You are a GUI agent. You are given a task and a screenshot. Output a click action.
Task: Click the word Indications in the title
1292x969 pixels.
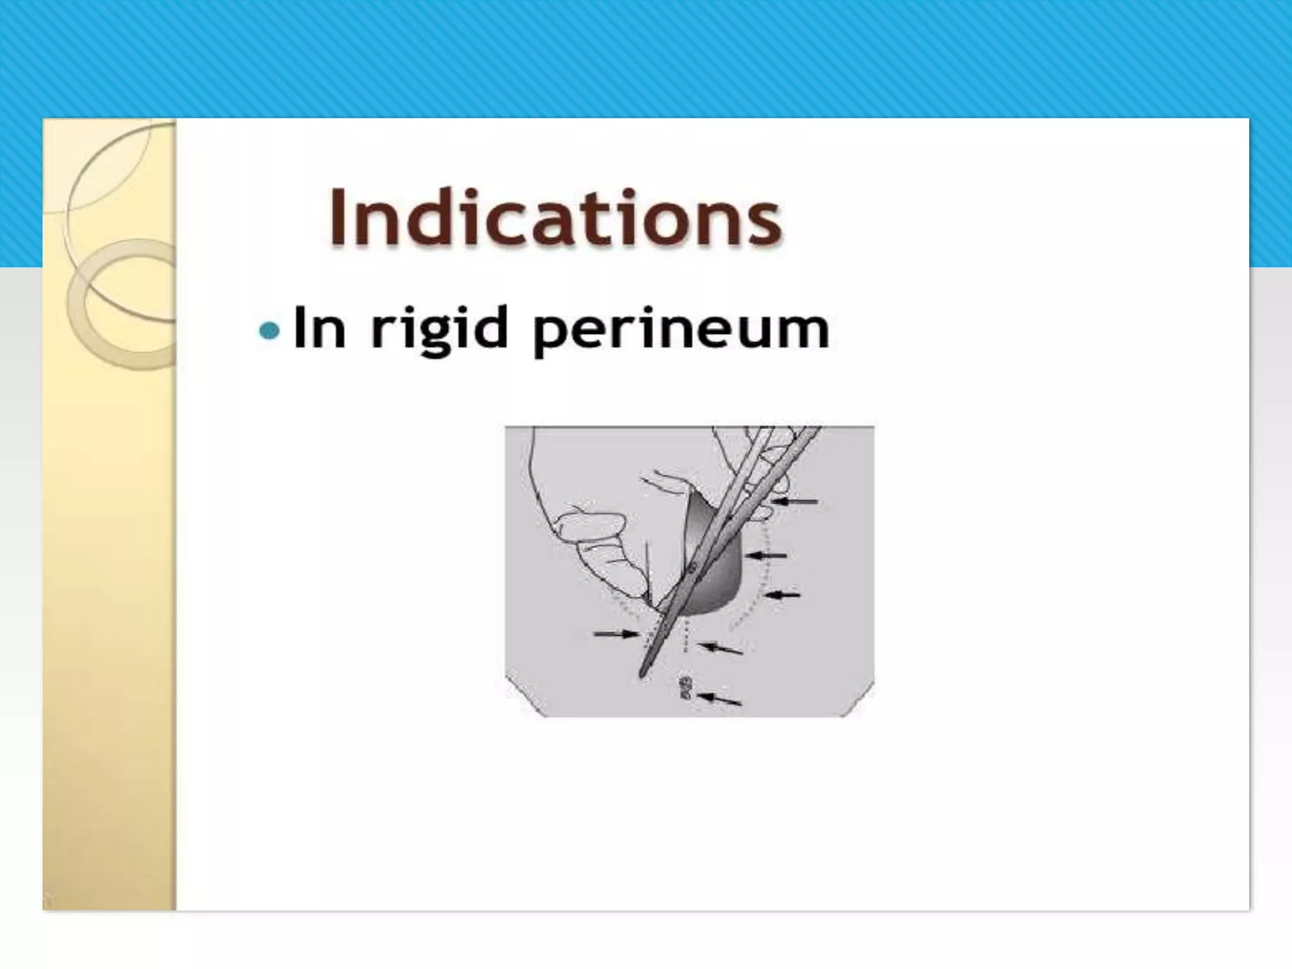(555, 217)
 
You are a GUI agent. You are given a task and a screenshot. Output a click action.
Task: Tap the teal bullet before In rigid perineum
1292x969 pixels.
(269, 330)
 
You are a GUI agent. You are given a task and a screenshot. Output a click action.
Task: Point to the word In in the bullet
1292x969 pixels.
(320, 328)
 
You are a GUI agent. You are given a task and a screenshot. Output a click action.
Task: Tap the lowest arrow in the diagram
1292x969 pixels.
(720, 698)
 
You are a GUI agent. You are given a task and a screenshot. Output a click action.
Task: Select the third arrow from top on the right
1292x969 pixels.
(782, 594)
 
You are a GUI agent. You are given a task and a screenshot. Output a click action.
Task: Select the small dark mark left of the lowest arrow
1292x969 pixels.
(685, 688)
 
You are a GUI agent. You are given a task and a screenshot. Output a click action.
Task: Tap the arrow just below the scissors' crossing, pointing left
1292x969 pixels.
(721, 648)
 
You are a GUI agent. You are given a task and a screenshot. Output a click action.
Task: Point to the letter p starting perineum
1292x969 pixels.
(548, 334)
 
